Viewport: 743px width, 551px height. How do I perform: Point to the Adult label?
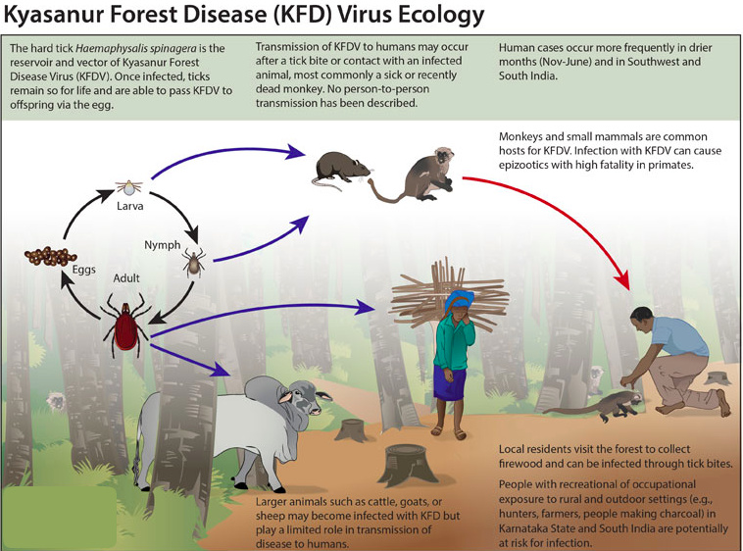[127, 278]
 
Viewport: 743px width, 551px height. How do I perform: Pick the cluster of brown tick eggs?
[48, 259]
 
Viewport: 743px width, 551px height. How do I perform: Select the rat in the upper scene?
[339, 169]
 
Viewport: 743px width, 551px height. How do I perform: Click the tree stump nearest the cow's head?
[349, 428]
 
